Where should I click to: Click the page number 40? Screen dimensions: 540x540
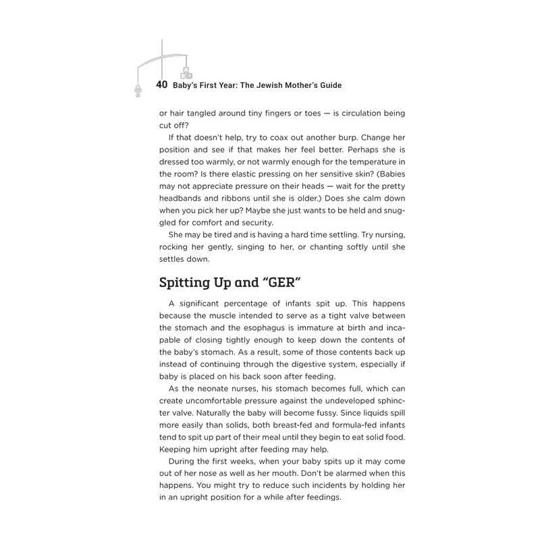[x=161, y=85]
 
